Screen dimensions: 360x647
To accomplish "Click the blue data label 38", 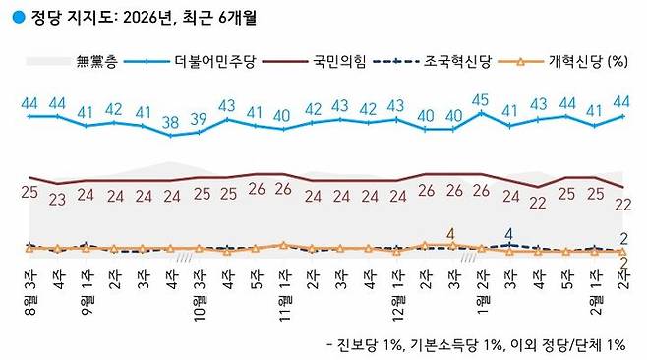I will click(x=171, y=123).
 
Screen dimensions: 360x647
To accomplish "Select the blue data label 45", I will click(x=481, y=99).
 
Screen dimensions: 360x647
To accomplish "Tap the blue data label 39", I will click(x=200, y=119).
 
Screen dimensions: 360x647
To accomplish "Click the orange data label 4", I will click(x=451, y=233).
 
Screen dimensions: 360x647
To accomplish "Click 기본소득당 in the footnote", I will click(x=463, y=343).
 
